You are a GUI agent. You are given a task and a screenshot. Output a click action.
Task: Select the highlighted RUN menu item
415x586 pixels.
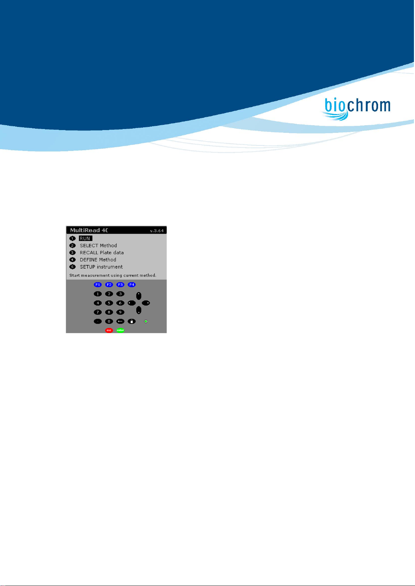point(85,238)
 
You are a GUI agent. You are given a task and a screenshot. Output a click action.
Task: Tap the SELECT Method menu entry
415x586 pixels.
point(98,246)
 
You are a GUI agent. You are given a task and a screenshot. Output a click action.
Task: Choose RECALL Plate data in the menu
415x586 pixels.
point(102,252)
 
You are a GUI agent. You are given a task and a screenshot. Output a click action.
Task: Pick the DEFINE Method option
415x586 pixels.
point(98,259)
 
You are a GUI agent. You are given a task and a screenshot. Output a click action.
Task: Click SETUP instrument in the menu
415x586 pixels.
point(101,267)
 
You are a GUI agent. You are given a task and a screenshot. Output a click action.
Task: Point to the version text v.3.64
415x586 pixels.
point(157,231)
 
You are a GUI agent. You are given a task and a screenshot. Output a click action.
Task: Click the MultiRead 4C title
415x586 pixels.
point(89,230)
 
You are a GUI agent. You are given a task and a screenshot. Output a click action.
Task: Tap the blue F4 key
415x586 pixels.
point(132,284)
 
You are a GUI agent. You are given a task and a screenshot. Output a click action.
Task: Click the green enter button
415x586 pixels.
point(120,330)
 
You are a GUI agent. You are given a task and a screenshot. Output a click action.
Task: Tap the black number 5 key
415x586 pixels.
point(109,303)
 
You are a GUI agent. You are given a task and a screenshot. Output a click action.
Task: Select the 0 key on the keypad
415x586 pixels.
point(109,321)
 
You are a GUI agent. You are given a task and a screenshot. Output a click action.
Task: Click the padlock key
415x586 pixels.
point(132,321)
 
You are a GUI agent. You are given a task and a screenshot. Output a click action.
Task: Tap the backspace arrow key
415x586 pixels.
point(120,321)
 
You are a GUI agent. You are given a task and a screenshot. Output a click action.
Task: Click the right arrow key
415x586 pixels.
point(146,303)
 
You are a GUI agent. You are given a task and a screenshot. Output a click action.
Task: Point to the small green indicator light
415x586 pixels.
point(146,321)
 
